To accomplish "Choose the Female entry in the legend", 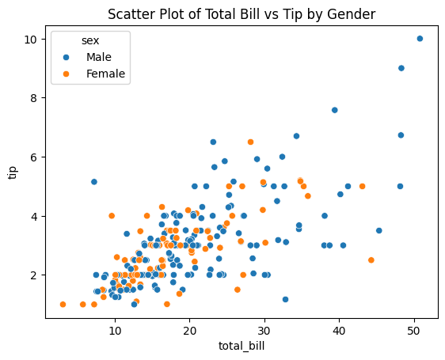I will tap(105, 74).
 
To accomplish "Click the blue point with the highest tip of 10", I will tap(420, 39).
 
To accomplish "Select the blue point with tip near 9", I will tap(401, 68).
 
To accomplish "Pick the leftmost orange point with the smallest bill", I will tap(63, 305).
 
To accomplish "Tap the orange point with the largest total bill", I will tap(371, 260).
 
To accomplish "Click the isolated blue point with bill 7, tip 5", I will tap(94, 182).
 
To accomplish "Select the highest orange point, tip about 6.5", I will tap(250, 142).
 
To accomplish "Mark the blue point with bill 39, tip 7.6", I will tap(335, 110).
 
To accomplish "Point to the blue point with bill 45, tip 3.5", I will tap(379, 231).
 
